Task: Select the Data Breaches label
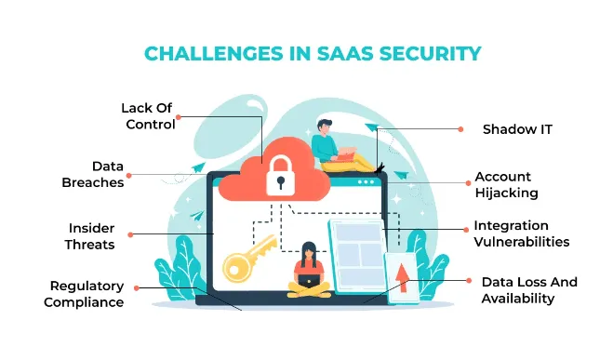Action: click(93, 174)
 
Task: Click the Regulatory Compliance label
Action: click(87, 293)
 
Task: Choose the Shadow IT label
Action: click(516, 129)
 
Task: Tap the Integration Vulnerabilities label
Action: click(521, 233)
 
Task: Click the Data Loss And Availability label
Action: click(528, 290)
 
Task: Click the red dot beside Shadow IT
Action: click(460, 129)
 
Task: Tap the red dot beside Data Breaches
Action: click(131, 174)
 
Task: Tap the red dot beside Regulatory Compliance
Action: click(137, 288)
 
